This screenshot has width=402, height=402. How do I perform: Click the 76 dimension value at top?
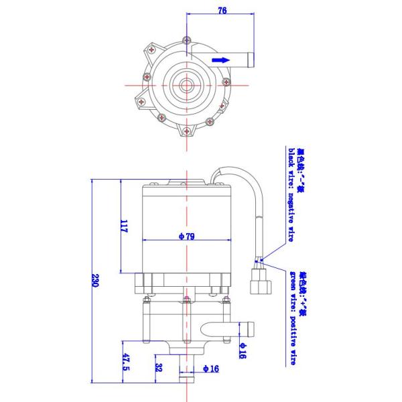(222, 10)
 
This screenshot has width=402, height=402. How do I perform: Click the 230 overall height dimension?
(95, 282)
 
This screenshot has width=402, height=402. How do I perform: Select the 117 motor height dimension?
(124, 226)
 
